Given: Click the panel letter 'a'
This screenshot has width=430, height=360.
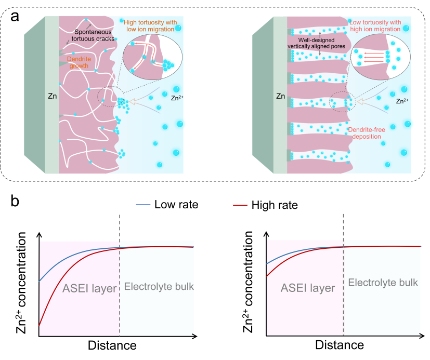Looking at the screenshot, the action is pos(15,17).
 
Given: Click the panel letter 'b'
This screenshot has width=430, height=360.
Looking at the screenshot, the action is pos(15,201).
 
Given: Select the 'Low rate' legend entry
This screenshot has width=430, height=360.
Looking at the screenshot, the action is pos(167,204).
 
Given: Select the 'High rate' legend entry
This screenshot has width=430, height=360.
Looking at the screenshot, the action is pos(265,205).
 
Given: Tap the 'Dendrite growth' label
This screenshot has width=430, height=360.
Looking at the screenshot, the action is pos(79,62).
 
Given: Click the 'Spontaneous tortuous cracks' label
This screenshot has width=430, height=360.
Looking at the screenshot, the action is pos(93,35).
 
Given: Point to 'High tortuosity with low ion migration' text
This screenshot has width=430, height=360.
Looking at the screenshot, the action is pos(150,26).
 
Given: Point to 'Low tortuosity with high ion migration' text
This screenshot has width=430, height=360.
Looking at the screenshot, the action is pos(375,26).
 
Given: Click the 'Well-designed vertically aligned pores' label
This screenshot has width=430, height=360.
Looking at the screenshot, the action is pos(316,43).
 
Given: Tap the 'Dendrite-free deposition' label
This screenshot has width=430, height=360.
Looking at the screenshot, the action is pos(367,133).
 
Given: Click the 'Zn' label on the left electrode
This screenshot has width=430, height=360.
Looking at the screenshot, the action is pos(53,96).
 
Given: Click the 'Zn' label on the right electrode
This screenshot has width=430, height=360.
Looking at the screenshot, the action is pos(281,96).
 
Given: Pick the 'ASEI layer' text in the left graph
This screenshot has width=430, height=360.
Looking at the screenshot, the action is pos(89,288).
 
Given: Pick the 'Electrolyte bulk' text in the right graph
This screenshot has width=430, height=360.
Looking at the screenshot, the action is pos(383,282).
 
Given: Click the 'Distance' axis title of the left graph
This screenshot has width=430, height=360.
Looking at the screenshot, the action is pos(112,345).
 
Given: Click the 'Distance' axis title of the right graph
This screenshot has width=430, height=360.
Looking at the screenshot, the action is pos(340,345).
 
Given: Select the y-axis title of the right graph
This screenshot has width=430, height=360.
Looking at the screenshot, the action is pos(248,282).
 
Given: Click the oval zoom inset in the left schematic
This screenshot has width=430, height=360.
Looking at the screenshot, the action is pos(152,57).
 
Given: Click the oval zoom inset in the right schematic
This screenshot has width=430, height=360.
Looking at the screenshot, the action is pos(381,57).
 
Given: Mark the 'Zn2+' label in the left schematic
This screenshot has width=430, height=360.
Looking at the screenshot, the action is pos(177,98).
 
